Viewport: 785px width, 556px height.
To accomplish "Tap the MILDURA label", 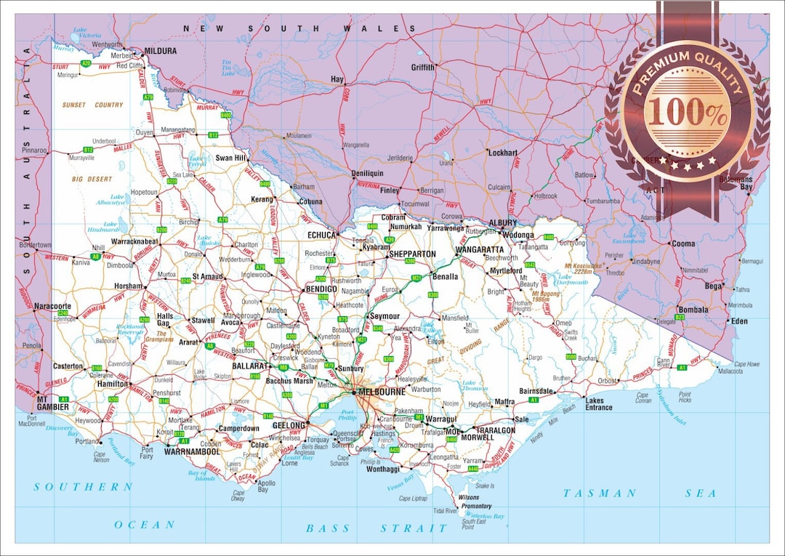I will tap(161, 51).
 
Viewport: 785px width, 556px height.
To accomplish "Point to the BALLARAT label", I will tap(251, 366).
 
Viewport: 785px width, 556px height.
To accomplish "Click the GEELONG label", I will tap(289, 425).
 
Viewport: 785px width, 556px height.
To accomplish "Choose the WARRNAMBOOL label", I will tap(192, 451).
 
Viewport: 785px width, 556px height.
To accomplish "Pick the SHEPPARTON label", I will tap(412, 254).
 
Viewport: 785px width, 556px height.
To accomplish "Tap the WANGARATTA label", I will tap(479, 249).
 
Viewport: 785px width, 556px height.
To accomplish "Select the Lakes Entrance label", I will tap(599, 404).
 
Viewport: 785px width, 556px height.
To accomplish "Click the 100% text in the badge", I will tap(687, 111).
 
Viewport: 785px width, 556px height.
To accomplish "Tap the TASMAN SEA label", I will tap(640, 493).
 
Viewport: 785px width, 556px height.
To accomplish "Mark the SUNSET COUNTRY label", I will tap(92, 105).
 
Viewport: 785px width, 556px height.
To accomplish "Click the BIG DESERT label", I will tap(92, 179).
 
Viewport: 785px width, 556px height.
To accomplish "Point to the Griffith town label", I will tap(423, 68).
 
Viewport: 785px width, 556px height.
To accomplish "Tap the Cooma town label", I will tap(683, 244).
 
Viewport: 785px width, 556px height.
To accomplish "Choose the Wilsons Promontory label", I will tap(474, 501).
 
